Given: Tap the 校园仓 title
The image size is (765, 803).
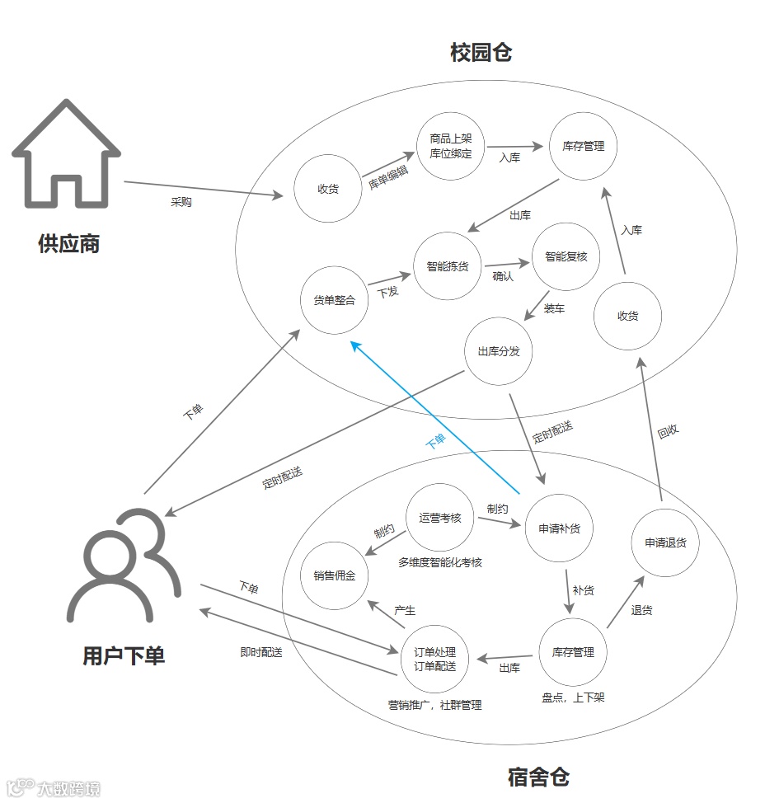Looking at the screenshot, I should [x=481, y=53].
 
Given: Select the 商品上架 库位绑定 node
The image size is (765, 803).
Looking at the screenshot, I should [x=450, y=146].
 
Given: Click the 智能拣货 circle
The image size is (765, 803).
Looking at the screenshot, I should [x=447, y=266].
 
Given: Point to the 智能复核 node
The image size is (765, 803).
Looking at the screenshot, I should [x=566, y=256].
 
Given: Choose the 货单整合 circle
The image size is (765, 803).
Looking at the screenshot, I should [x=334, y=300].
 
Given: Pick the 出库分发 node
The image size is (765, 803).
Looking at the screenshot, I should [x=499, y=351].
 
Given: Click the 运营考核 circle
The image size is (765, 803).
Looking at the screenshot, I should [x=440, y=518].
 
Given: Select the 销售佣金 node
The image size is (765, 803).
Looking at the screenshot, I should [x=334, y=575].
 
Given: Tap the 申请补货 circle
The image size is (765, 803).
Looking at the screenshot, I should [x=559, y=528].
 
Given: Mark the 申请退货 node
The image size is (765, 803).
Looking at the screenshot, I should [x=665, y=542].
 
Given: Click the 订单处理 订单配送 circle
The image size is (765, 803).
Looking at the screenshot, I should [x=434, y=659].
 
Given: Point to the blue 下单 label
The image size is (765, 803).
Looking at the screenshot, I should [x=435, y=441].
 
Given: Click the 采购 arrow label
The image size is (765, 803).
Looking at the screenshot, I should [x=181, y=202].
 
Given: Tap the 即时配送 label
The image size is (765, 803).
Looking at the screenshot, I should [x=261, y=652].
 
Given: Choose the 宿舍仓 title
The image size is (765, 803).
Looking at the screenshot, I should [x=538, y=777].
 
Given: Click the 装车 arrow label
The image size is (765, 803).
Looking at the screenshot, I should [x=555, y=309].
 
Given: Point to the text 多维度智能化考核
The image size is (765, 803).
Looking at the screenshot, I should [x=440, y=562].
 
